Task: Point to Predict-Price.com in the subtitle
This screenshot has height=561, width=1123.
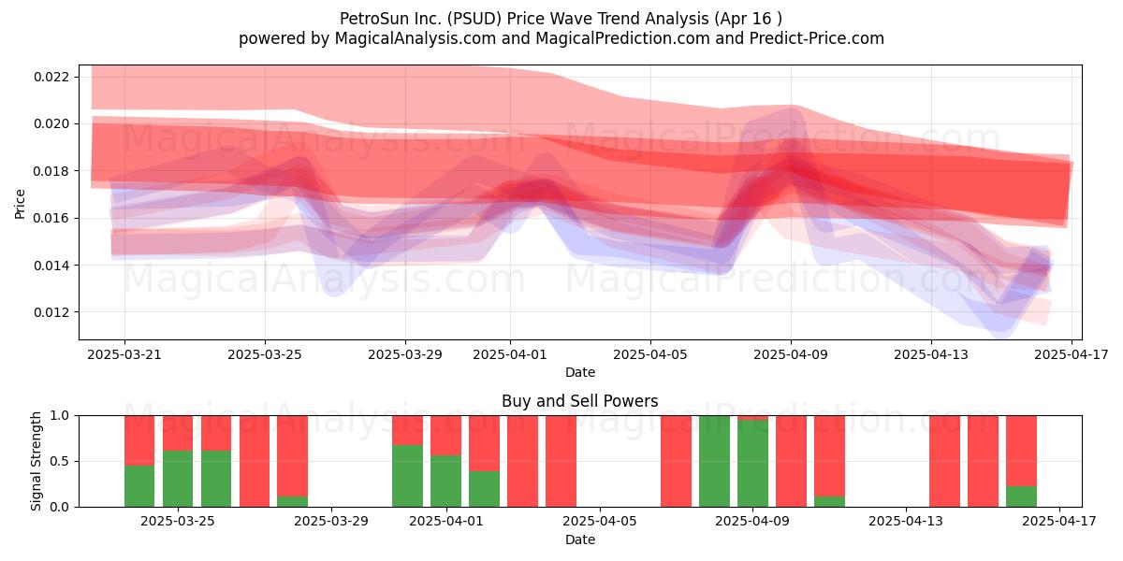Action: pyautogui.click(x=817, y=38)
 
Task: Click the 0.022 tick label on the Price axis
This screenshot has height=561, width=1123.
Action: pyautogui.click(x=51, y=77)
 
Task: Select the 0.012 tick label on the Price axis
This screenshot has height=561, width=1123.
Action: pyautogui.click(x=51, y=312)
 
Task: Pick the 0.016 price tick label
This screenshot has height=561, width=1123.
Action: pyautogui.click(x=51, y=218)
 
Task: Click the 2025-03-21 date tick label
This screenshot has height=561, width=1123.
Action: pyautogui.click(x=124, y=354)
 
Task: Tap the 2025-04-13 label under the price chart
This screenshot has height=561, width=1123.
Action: pyautogui.click(x=931, y=354)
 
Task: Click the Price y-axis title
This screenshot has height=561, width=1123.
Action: pyautogui.click(x=20, y=204)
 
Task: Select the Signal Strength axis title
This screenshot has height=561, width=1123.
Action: pyautogui.click(x=36, y=461)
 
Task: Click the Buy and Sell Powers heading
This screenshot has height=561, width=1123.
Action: pyautogui.click(x=580, y=401)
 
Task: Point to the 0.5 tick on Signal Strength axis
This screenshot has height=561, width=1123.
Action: pyautogui.click(x=60, y=461)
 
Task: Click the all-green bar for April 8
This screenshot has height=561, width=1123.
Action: pyautogui.click(x=714, y=461)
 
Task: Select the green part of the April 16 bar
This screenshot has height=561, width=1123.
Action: pyautogui.click(x=1021, y=496)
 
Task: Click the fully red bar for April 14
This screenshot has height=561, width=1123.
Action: pyautogui.click(x=944, y=461)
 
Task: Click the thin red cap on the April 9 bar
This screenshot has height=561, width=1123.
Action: pyautogui.click(x=752, y=418)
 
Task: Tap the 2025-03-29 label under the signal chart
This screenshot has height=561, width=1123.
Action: pyautogui.click(x=331, y=521)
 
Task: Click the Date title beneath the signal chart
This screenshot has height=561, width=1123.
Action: pyautogui.click(x=580, y=539)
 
